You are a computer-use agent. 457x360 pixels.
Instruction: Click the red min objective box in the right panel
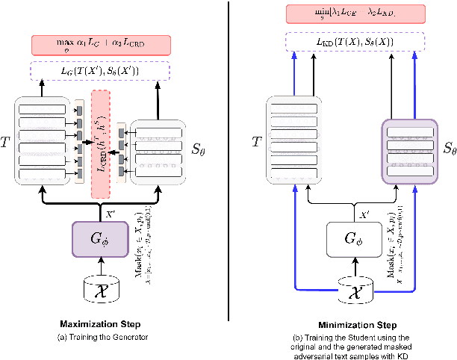pyautogui.click(x=355, y=13)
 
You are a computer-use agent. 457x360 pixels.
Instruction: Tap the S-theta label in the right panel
pyautogui.click(x=447, y=149)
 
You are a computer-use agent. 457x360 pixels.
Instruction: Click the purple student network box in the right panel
pyautogui.click(x=410, y=149)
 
